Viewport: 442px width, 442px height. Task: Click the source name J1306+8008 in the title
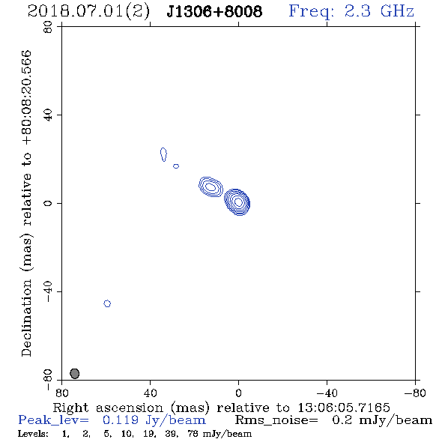[x=214, y=12]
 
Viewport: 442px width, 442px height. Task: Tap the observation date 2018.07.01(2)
[x=88, y=12]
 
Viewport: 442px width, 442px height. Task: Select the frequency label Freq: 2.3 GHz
[x=351, y=12]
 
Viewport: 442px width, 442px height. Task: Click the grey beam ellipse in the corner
[x=74, y=374]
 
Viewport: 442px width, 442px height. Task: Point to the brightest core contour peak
[x=238, y=202]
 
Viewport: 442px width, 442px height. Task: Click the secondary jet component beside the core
[x=211, y=187]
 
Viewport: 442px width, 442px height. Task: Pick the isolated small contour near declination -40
[x=107, y=303]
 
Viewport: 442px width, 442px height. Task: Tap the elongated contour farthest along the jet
[x=163, y=154]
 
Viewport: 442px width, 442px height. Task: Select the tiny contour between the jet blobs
[x=176, y=166]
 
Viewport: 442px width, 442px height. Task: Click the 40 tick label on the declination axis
[x=48, y=115]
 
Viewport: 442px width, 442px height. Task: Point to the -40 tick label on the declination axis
[x=48, y=291]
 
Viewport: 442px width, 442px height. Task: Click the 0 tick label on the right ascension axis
[x=238, y=393]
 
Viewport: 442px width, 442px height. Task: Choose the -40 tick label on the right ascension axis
[x=327, y=393]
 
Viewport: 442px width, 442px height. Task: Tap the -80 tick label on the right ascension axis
[x=415, y=393]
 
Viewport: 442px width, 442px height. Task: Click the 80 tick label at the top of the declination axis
[x=48, y=27]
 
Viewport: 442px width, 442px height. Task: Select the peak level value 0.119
[x=121, y=420]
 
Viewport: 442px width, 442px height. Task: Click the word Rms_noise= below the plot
[x=276, y=420]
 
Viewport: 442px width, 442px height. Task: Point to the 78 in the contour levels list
[x=193, y=434]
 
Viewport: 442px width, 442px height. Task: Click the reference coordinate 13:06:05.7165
[x=344, y=408]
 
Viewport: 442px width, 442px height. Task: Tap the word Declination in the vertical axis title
[x=26, y=318]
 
